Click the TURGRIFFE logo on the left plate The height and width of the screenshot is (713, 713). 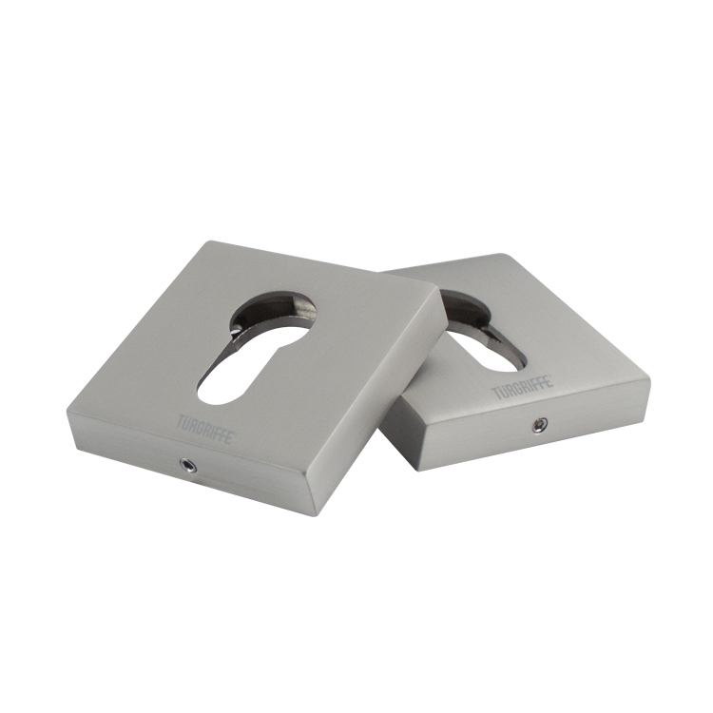click(x=206, y=428)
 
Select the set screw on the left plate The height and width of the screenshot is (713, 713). click(x=188, y=464)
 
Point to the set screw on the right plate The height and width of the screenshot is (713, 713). click(x=540, y=425)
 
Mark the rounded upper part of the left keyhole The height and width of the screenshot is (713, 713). click(x=273, y=309)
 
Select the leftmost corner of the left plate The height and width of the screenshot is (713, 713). click(x=67, y=412)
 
